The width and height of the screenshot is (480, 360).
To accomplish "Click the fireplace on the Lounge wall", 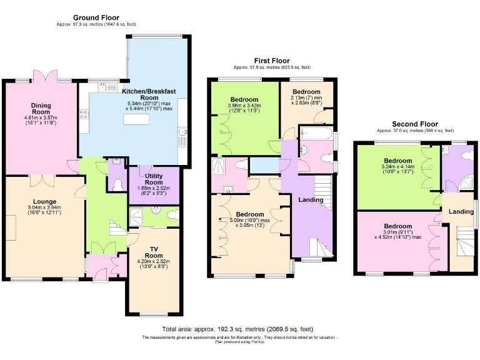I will tap(11, 224).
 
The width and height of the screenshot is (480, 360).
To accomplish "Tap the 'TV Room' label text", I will tap(153, 251).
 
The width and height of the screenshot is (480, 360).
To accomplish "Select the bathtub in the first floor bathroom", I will tap(316, 133).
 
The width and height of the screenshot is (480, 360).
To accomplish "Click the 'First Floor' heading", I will tap(271, 60).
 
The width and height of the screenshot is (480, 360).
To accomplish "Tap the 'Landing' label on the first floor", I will tap(310, 200).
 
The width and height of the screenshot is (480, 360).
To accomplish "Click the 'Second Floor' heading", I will tap(414, 124).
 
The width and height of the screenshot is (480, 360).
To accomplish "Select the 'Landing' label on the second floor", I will tap(461, 212).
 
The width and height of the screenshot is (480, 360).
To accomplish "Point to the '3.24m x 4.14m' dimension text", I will tap(397, 167).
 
